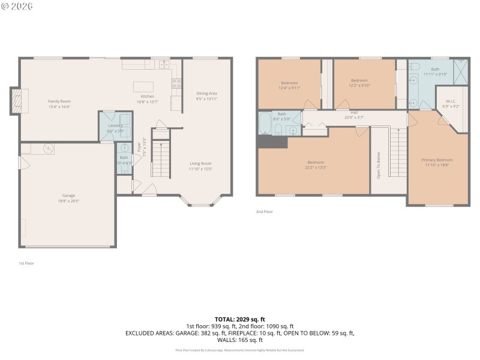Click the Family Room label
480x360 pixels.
(x=59, y=101)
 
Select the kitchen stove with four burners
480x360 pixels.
(x=177, y=83)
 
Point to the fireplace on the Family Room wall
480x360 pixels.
(x=16, y=101)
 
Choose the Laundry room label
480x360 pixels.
(x=115, y=125)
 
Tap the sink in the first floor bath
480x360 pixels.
(x=125, y=147)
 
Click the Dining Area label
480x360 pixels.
(x=206, y=93)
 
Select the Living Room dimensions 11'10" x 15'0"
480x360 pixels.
(x=201, y=169)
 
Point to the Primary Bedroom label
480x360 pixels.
(x=437, y=160)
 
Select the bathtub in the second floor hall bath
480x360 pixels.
(x=265, y=124)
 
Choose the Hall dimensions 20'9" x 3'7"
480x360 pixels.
(x=354, y=118)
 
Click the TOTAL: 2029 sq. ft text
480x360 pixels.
(x=239, y=319)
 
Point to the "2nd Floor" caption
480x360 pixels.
(x=263, y=212)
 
